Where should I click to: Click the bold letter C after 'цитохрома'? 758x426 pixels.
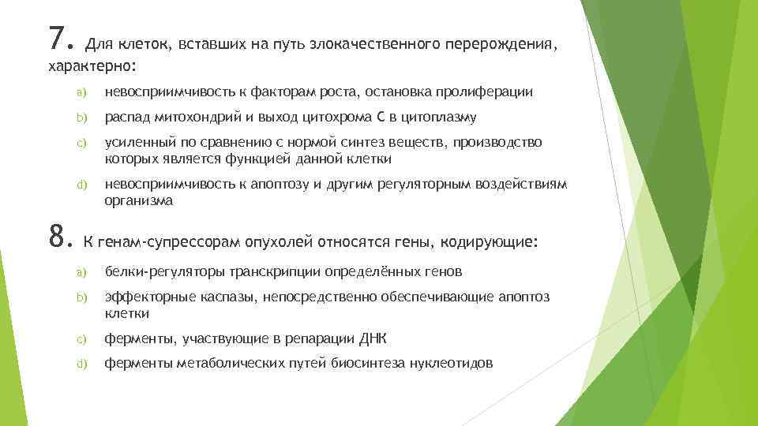click(381, 118)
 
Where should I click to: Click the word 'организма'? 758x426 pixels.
click(138, 200)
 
